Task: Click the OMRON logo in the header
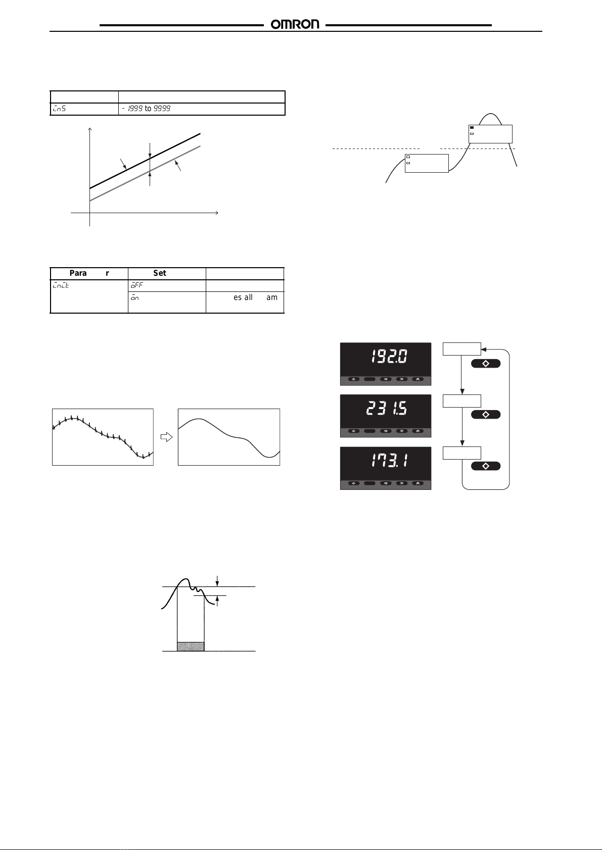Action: tap(295, 24)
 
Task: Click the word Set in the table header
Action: tap(160, 273)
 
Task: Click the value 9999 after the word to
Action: tap(162, 109)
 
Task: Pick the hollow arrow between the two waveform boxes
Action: tap(166, 437)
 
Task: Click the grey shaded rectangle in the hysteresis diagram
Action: tap(191, 646)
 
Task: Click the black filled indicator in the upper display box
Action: tap(472, 128)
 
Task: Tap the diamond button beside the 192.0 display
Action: tap(486, 364)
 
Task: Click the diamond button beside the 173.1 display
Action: tap(486, 466)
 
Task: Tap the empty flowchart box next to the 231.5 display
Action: tap(462, 401)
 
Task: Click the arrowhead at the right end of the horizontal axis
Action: tap(216, 213)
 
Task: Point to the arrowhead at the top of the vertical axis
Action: tap(90, 129)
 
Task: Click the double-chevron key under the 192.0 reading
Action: tap(402, 379)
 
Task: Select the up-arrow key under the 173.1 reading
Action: tap(418, 483)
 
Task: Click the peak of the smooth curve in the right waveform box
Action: tap(200, 419)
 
